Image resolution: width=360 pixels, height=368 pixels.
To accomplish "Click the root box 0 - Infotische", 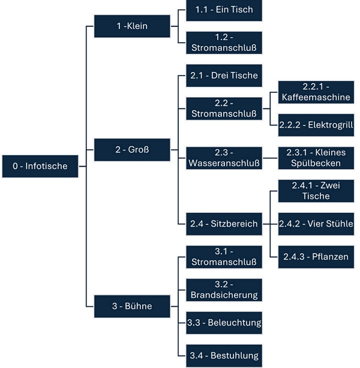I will tap(40, 165).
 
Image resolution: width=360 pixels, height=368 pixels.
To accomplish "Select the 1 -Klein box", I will tap(132, 26).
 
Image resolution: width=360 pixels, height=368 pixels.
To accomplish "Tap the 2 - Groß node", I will tap(132, 149).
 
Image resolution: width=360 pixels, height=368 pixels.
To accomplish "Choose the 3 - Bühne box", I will tap(132, 307).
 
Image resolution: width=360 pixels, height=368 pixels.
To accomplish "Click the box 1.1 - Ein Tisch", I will tap(224, 11).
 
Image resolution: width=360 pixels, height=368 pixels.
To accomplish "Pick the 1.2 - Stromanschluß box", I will tap(224, 43).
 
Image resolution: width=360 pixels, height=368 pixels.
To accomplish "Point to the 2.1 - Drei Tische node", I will tap(224, 76).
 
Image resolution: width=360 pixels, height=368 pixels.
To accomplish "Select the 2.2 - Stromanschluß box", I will tap(224, 108).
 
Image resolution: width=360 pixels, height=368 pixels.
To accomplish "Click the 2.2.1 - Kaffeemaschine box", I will tap(316, 92).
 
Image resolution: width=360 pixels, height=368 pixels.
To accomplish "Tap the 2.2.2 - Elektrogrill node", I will tap(316, 125).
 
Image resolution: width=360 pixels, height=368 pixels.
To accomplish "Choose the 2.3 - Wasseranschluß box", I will tap(224, 158).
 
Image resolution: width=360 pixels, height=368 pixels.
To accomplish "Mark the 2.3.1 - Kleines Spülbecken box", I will tap(316, 158).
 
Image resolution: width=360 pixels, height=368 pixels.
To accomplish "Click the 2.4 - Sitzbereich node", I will tap(224, 224).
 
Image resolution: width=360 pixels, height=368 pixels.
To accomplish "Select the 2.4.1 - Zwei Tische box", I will tap(316, 191).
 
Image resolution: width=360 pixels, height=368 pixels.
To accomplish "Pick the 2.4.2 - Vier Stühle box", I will tap(316, 224).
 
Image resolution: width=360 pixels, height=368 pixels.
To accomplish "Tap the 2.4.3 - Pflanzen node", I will tap(316, 257).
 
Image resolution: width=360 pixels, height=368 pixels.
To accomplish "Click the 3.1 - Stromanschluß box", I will tap(224, 257).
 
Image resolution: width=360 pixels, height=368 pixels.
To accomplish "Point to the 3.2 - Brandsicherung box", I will tap(224, 290).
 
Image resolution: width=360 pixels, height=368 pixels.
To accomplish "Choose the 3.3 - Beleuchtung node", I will tap(224, 323).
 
